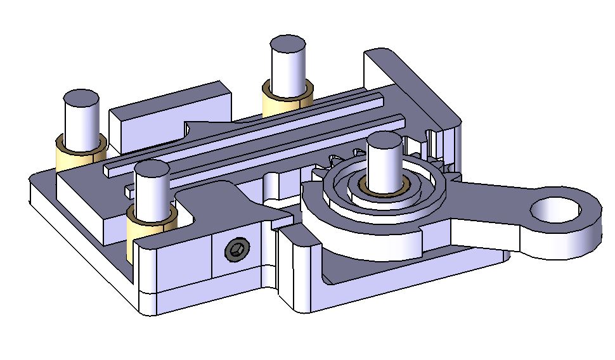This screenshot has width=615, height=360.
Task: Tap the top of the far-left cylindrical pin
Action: (x=81, y=99)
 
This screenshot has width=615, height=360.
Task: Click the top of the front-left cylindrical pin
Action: (x=152, y=170)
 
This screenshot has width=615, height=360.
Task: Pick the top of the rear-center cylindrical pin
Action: (x=288, y=45)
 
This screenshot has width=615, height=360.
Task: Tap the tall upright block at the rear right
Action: (x=406, y=82)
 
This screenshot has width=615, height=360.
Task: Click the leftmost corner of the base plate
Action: (x=32, y=190)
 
